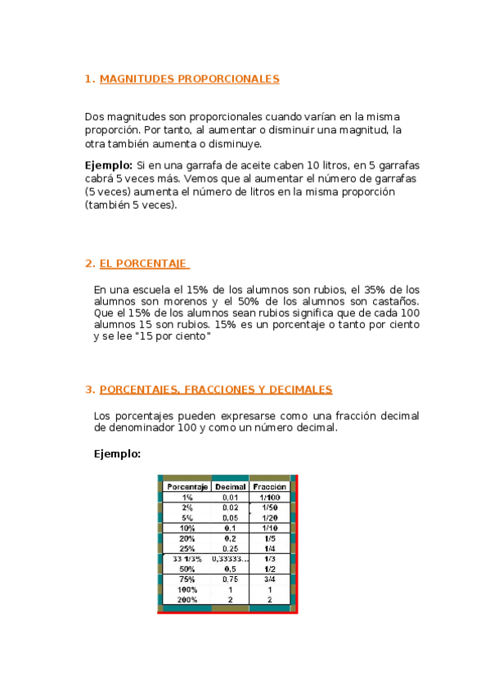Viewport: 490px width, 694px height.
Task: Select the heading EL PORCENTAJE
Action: pyautogui.click(x=144, y=264)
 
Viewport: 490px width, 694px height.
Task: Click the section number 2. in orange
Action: pyautogui.click(x=90, y=264)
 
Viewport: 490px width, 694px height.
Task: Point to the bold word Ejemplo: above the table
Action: pyautogui.click(x=118, y=453)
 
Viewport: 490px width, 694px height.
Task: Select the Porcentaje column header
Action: pyautogui.click(x=187, y=487)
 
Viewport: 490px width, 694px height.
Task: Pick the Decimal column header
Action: pyautogui.click(x=231, y=487)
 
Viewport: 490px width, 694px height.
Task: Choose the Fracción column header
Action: pyautogui.click(x=269, y=487)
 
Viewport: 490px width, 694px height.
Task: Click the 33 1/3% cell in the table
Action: pyautogui.click(x=187, y=558)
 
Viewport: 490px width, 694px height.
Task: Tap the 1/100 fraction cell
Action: pyautogui.click(x=269, y=498)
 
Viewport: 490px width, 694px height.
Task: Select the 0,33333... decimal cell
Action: pyautogui.click(x=231, y=558)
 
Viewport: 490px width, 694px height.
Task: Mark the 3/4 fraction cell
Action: pyautogui.click(x=269, y=579)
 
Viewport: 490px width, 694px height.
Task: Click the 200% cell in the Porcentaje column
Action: pyautogui.click(x=187, y=599)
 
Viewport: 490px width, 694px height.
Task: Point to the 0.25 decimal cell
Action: pyautogui.click(x=231, y=548)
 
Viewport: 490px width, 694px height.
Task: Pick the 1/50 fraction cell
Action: pyautogui.click(x=269, y=507)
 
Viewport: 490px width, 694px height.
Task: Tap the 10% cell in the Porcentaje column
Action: pyautogui.click(x=187, y=528)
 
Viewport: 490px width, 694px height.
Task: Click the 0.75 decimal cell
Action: pyautogui.click(x=231, y=579)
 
